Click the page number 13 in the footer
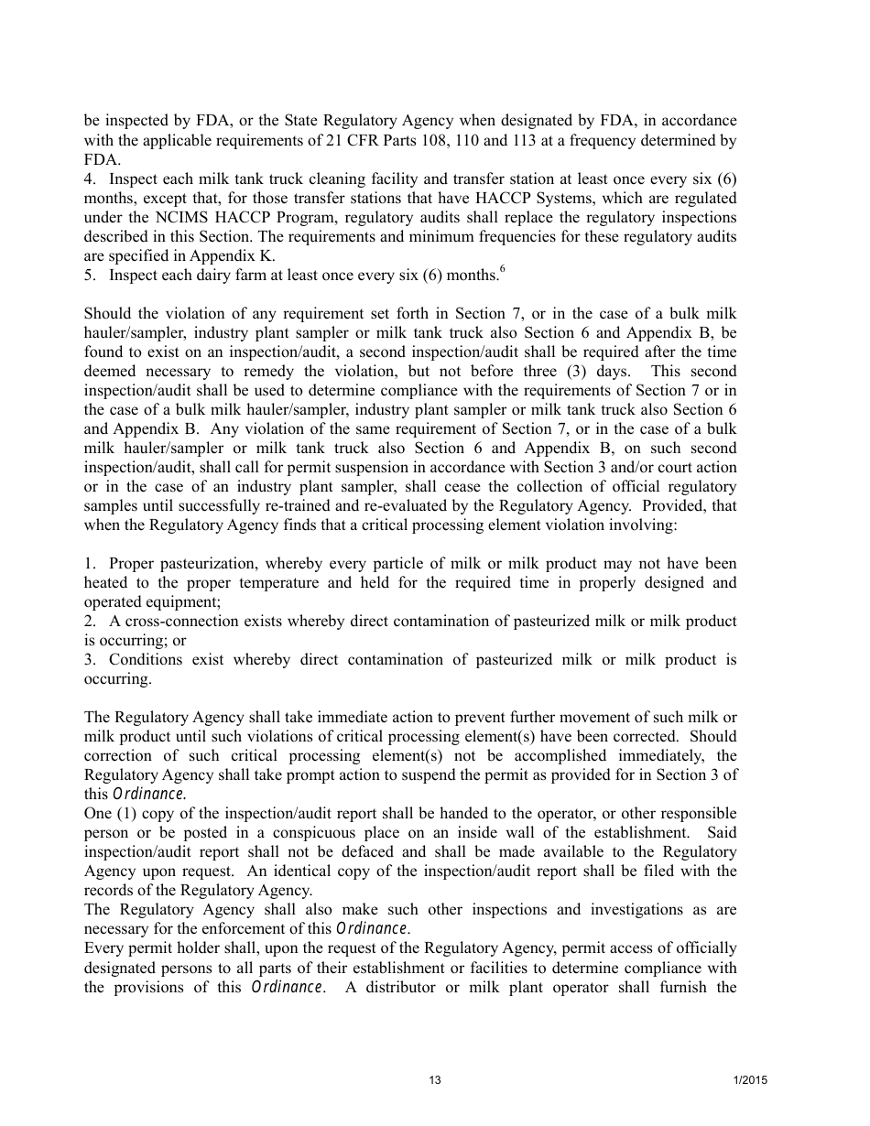(x=434, y=1080)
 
